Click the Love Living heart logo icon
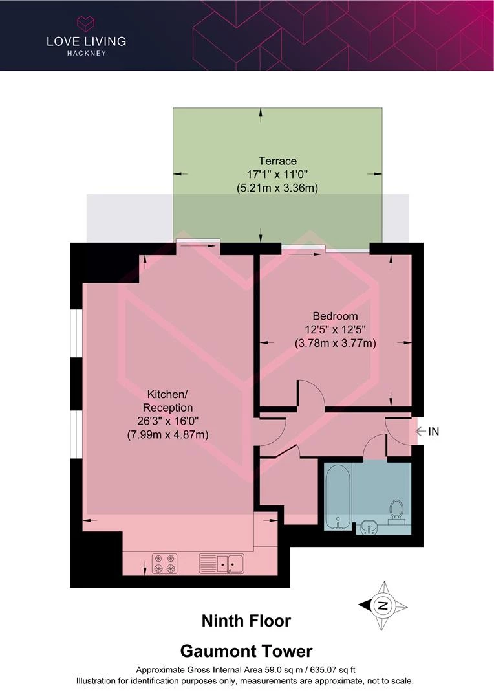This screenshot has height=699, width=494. tap(85, 23)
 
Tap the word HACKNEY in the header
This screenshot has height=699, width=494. tap(87, 53)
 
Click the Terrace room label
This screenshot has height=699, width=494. tap(277, 161)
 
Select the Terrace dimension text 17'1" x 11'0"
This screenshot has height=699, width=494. tap(277, 174)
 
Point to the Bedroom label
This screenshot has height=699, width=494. tap(335, 316)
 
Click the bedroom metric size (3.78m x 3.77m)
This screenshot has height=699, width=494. tap(336, 343)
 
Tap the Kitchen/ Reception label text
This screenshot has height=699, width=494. tap(167, 401)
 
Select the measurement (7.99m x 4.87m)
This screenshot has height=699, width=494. tap(168, 435)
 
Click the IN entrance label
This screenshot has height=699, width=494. tap(433, 432)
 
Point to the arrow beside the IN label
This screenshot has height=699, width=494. tap(420, 432)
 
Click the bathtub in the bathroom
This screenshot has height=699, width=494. tap(338, 496)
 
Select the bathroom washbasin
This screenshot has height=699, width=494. tap(369, 527)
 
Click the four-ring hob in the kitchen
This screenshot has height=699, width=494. tap(165, 564)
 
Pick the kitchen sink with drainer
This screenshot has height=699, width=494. tap(221, 564)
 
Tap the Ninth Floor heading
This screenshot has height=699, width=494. tap(246, 621)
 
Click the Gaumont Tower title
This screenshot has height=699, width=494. tap(246, 651)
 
